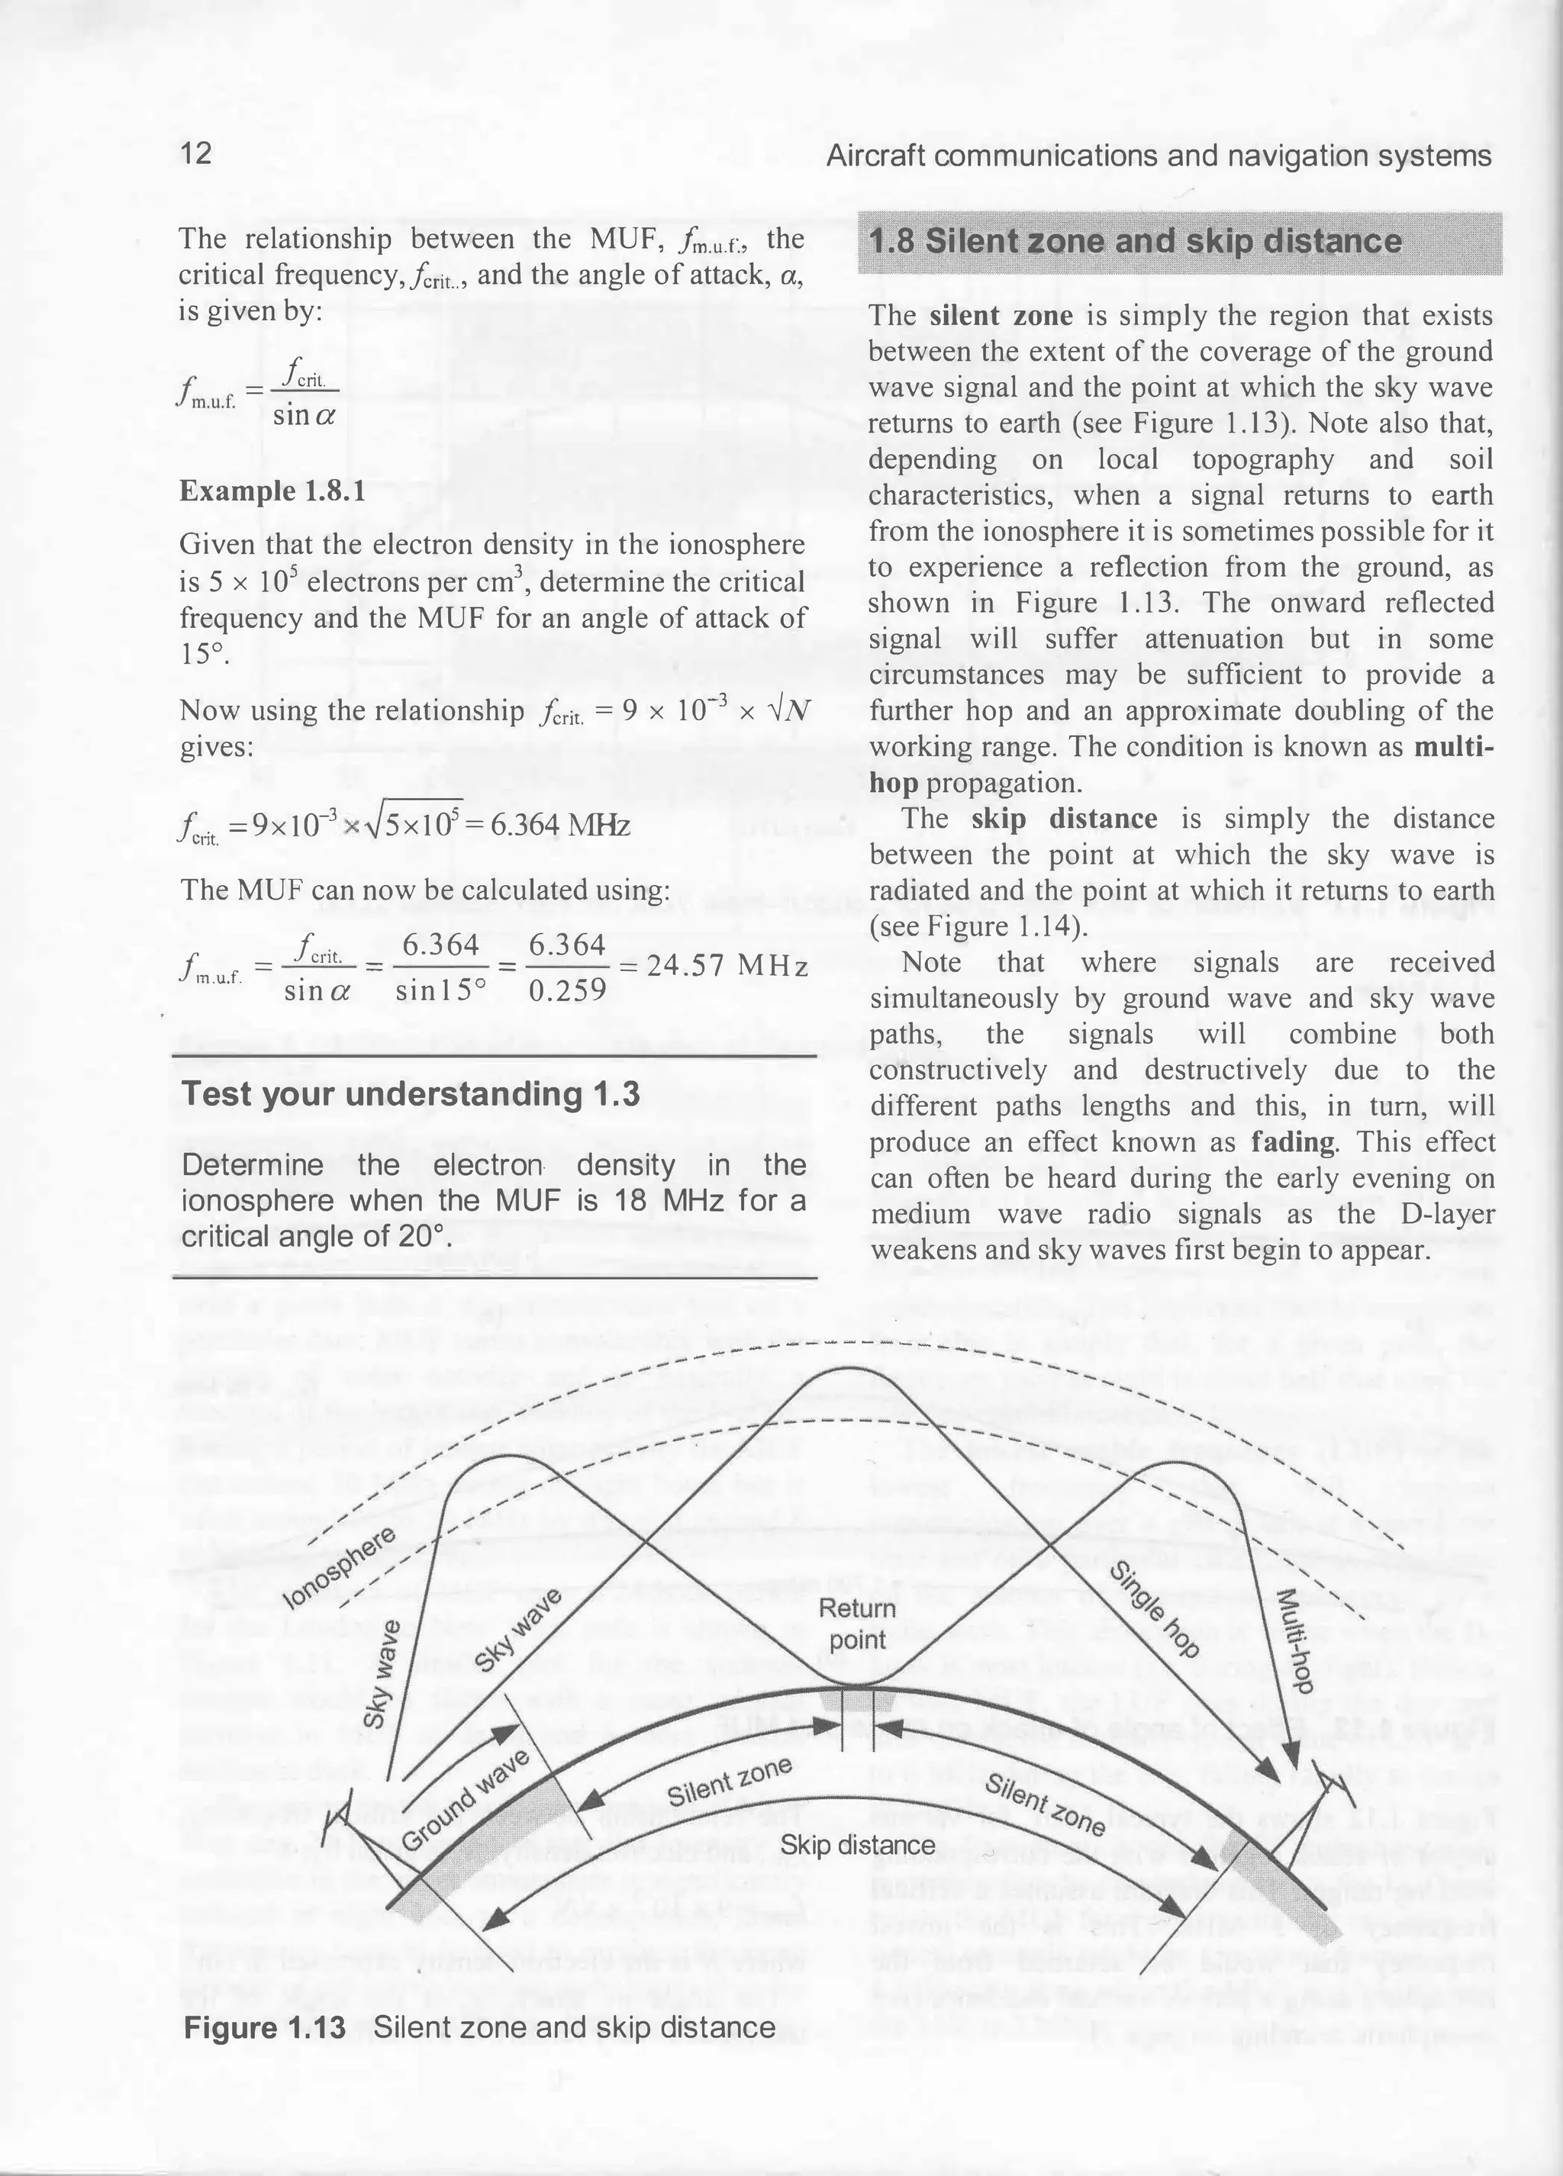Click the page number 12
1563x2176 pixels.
click(x=195, y=153)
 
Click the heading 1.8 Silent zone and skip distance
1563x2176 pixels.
click(x=1134, y=241)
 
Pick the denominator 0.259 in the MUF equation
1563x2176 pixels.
click(x=567, y=989)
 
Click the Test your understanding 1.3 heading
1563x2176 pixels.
click(x=410, y=1094)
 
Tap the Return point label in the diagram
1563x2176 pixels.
click(x=857, y=1624)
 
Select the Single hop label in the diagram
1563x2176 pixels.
click(x=1154, y=1609)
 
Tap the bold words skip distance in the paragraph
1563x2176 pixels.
click(x=1063, y=819)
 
